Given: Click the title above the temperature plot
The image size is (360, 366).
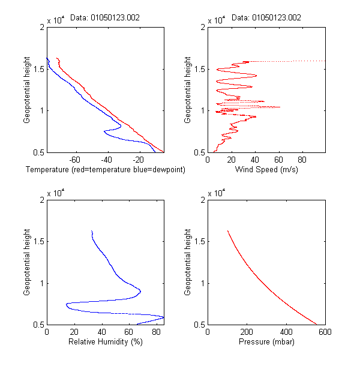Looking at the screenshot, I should click(x=105, y=18).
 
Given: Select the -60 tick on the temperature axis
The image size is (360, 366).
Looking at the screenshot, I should click(x=76, y=160).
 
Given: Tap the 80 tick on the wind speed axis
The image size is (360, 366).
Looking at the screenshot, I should click(x=302, y=160).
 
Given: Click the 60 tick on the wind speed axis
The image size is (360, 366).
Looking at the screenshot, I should click(x=278, y=160).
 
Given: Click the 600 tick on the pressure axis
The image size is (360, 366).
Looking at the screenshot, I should click(x=325, y=332).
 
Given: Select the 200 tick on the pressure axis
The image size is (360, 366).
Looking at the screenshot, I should click(x=247, y=332).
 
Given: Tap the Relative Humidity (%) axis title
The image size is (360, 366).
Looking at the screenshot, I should click(x=105, y=342).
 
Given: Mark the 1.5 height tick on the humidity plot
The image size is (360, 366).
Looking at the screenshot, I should click(x=39, y=241).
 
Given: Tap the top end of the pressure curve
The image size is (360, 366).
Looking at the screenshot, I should click(x=227, y=230).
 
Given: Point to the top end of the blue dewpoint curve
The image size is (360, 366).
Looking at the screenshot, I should click(x=47, y=58).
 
